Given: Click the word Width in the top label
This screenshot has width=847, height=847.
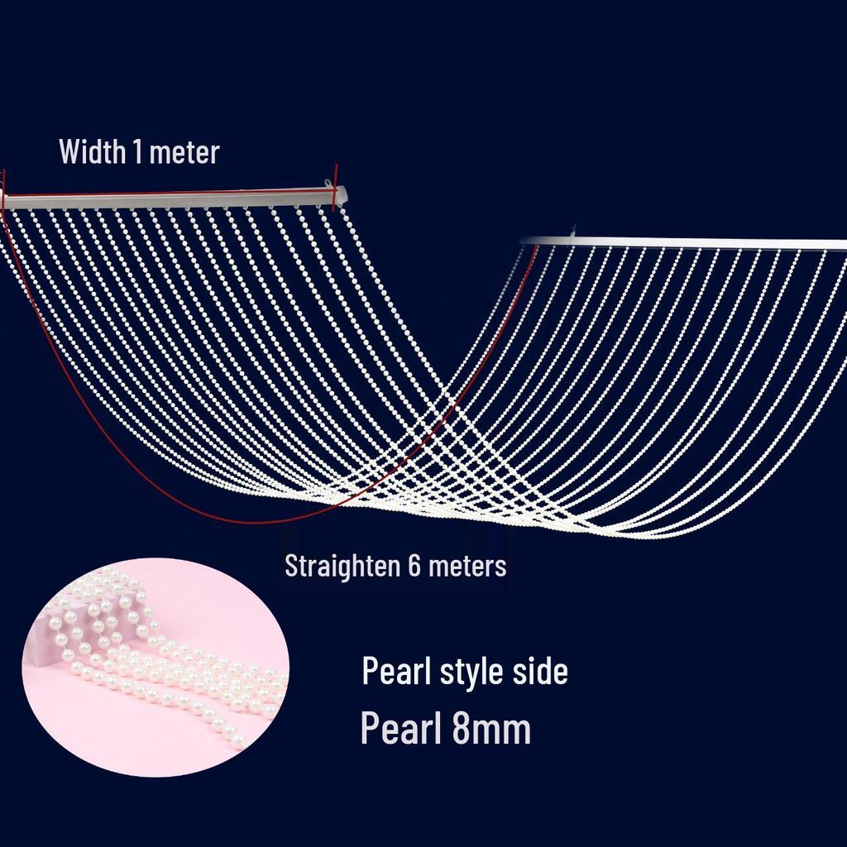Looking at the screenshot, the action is click(92, 151).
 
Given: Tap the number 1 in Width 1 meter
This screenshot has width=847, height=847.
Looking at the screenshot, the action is click(138, 151).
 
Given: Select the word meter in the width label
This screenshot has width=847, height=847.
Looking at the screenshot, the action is click(184, 153).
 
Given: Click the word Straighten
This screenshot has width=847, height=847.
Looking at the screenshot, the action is click(342, 567).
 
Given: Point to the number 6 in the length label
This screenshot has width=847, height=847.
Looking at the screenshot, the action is click(415, 566).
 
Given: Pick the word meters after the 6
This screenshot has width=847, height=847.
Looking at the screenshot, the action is click(468, 567).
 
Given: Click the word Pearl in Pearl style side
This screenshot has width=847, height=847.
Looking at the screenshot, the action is click(396, 671).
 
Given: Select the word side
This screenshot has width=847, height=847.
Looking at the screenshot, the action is click(541, 671).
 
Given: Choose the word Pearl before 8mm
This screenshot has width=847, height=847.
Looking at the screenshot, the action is click(402, 728).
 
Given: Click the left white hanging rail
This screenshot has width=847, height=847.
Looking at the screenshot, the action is click(174, 198).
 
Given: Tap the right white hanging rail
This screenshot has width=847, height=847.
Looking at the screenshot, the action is click(683, 242).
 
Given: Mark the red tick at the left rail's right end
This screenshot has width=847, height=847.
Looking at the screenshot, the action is click(336, 187).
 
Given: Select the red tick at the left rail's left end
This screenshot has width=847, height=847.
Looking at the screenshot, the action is click(3, 190).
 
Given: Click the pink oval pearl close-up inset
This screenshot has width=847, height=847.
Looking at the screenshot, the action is click(156, 668).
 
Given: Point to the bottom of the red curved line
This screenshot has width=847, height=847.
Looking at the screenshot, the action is click(259, 523).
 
